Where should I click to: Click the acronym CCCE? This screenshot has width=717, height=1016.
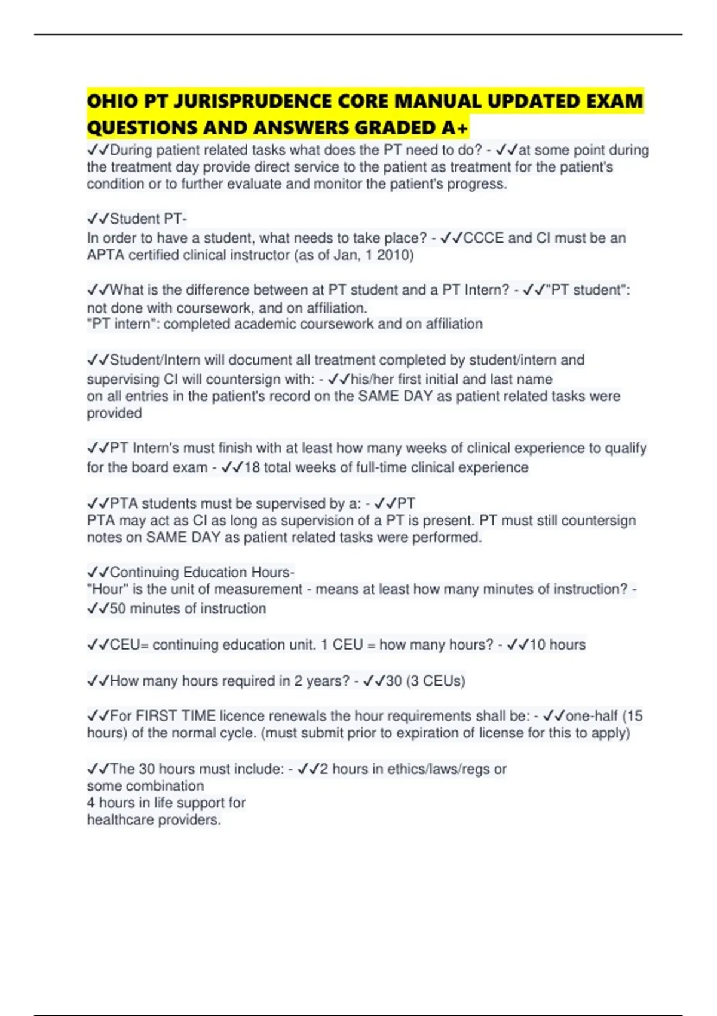coord(483,238)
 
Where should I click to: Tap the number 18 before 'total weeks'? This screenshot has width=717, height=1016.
coord(252,467)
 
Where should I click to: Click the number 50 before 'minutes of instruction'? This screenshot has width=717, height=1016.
coord(118,608)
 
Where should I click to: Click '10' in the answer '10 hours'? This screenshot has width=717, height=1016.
coord(537,645)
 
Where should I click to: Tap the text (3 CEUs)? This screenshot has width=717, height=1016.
coord(436,681)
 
